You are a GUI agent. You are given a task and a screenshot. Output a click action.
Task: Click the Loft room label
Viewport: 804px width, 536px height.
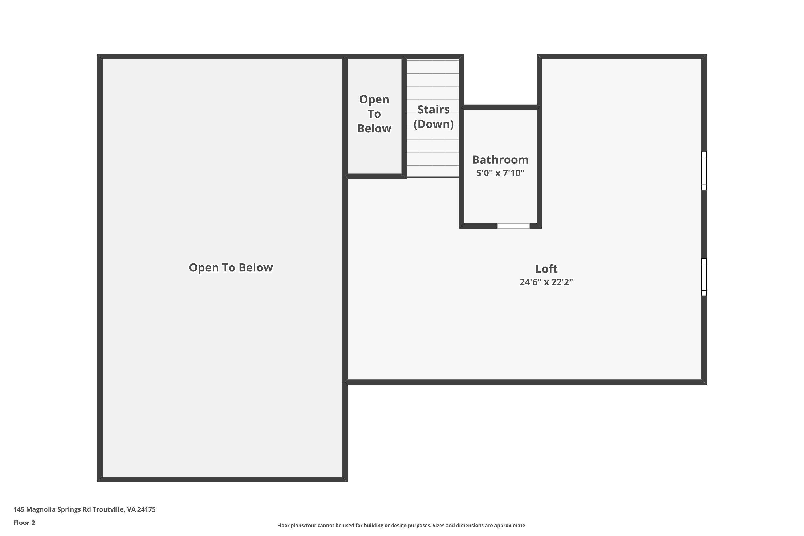tap(546, 269)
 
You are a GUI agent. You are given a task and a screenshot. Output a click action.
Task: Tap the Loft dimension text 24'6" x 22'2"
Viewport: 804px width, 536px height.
tap(546, 282)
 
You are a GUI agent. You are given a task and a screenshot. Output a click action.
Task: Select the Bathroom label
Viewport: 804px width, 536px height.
tap(500, 160)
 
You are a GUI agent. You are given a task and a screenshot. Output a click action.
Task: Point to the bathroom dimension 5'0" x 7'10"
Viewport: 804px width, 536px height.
tap(500, 173)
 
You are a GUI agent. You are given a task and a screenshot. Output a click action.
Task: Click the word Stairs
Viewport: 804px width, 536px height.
tap(433, 110)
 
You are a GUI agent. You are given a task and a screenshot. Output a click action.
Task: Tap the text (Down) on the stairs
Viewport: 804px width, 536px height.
tap(433, 124)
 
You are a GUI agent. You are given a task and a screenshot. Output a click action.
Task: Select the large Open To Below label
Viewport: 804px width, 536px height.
tap(231, 268)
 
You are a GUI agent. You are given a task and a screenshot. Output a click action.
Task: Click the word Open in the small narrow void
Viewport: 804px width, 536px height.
tap(374, 99)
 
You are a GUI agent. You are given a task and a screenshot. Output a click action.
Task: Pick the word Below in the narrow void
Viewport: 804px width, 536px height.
tap(374, 129)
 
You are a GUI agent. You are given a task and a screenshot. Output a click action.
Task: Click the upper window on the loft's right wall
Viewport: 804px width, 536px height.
tap(704, 170)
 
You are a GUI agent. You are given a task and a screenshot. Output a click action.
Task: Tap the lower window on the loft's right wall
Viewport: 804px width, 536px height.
tap(704, 277)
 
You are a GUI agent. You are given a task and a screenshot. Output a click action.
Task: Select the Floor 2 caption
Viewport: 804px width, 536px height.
tap(24, 523)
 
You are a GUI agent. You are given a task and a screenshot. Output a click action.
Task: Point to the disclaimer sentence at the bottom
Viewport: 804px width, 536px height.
tap(402, 525)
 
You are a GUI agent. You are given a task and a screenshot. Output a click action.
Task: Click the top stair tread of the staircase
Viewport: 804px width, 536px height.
tap(433, 67)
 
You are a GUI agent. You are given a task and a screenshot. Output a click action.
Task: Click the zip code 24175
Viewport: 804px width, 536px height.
tap(146, 509)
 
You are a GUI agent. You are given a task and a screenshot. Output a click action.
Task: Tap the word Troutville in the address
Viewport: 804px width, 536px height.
tap(108, 509)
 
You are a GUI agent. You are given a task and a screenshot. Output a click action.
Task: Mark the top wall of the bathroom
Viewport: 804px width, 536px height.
tap(500, 107)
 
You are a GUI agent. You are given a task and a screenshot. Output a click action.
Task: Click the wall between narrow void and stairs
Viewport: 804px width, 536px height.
tap(404, 116)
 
